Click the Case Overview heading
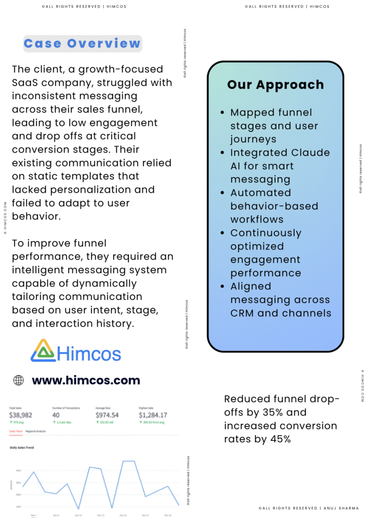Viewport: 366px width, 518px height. point(82,44)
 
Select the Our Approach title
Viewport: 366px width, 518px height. point(276,84)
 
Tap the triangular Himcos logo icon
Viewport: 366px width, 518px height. point(42,350)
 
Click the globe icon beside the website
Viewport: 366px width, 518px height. point(19,380)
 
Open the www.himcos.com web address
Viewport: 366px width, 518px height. point(86,380)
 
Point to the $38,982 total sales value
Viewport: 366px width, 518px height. point(21,415)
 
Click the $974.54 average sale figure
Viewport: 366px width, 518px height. point(107,415)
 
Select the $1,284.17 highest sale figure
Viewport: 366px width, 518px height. point(153,415)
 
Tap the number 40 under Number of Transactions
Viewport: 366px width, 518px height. point(56,415)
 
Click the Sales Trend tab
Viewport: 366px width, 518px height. point(16,431)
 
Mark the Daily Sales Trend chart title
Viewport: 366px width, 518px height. point(22,448)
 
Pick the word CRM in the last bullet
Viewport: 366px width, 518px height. point(242,313)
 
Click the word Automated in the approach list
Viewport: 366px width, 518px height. point(260,193)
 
